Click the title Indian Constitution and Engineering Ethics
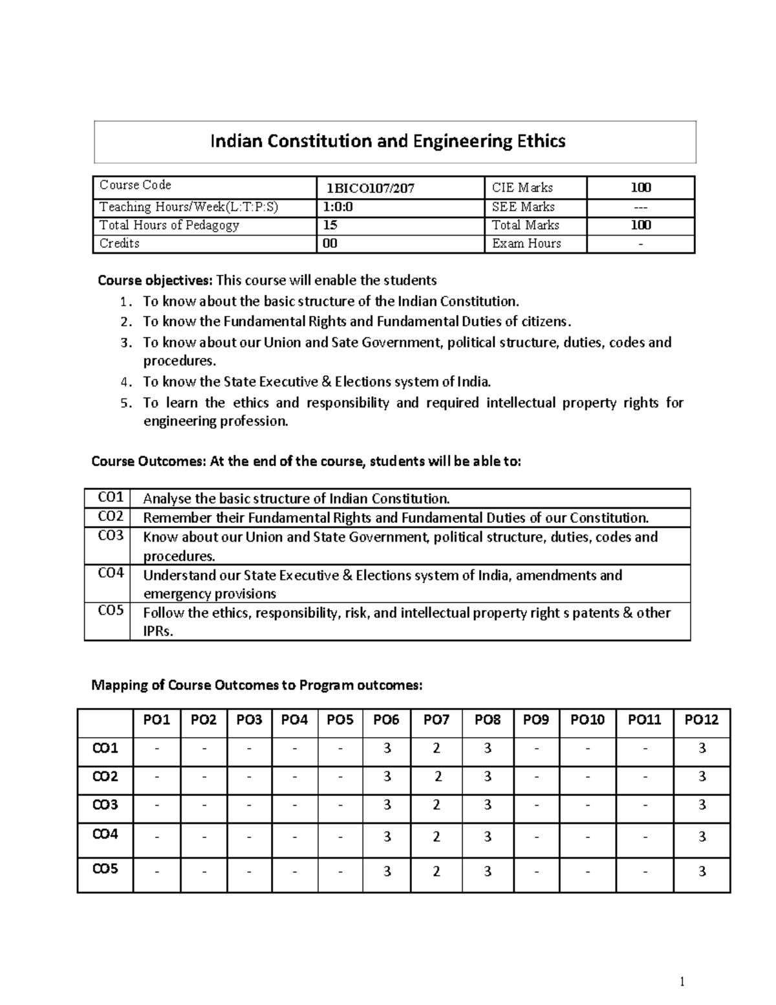387,141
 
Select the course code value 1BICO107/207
370,188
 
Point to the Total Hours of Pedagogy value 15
330,225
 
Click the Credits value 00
330,243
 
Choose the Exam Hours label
526,243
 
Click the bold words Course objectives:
155,280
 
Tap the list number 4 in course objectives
125,382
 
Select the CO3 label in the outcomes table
110,536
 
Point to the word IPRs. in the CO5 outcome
158,632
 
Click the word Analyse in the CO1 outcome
167,498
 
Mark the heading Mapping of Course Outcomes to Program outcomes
257,685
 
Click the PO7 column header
436,720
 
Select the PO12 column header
702,720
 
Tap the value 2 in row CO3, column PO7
436,805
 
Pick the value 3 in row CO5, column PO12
702,872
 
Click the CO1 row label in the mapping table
105,749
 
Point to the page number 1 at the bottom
682,982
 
